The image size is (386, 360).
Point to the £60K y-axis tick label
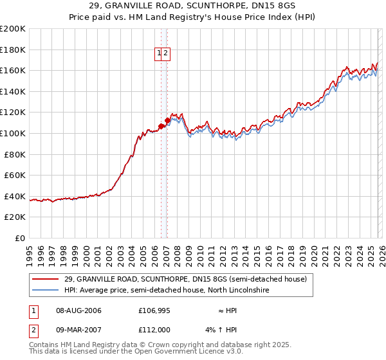click(x=14, y=175)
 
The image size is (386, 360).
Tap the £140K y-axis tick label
click(x=12, y=91)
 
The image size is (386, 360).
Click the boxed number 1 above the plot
click(x=158, y=55)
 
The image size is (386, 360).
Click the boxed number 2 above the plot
click(x=165, y=55)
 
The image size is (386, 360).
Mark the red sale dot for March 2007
click(x=167, y=120)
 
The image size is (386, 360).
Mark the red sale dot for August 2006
click(x=161, y=126)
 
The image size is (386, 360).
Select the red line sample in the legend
click(x=46, y=280)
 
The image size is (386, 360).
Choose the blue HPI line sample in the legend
click(x=46, y=291)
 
